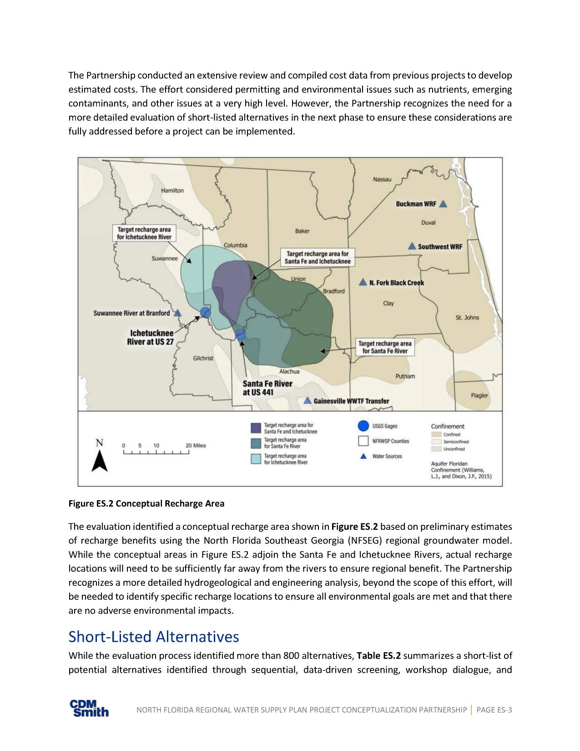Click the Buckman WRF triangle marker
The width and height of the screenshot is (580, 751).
(x=443, y=204)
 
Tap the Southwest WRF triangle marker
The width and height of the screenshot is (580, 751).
(x=412, y=246)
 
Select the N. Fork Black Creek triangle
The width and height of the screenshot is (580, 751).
(x=363, y=283)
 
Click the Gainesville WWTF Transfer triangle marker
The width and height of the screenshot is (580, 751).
(x=308, y=401)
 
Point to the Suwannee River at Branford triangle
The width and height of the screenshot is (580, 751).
(x=178, y=313)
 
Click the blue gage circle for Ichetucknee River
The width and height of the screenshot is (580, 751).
(x=206, y=312)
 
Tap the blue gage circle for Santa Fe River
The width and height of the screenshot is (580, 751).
(x=240, y=335)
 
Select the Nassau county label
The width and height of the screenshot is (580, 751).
(x=382, y=179)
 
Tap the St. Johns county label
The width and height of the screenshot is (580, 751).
(x=467, y=317)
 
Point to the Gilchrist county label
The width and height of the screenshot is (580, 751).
(x=203, y=358)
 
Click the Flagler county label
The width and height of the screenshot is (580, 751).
(x=479, y=395)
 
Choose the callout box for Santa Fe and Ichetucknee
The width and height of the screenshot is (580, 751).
(x=317, y=258)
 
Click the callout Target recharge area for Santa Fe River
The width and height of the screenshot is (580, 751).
(x=384, y=347)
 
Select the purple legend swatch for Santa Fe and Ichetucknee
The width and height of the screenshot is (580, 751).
(x=256, y=428)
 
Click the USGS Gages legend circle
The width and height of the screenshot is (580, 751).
(x=363, y=426)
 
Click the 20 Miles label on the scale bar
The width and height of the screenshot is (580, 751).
(x=196, y=445)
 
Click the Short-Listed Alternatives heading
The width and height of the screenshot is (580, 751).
(x=153, y=636)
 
